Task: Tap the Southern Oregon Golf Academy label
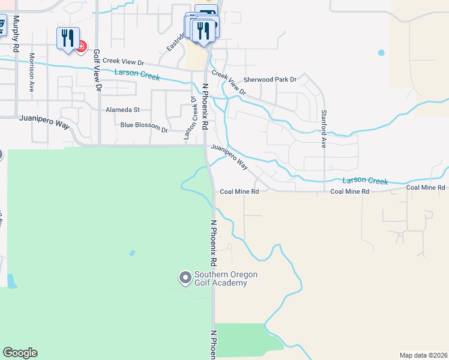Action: [x=226, y=279]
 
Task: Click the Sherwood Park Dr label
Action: [x=270, y=79]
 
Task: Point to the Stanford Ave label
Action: [x=323, y=129]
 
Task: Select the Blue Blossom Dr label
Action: [x=144, y=126]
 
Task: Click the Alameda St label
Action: [x=122, y=110]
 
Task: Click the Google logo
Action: [x=20, y=353]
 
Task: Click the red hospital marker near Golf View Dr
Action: [x=80, y=46]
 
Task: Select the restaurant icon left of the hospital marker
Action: [x=67, y=38]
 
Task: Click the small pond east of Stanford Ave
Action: [x=381, y=53]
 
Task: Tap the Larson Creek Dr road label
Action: [x=194, y=119]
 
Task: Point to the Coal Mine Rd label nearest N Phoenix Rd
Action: [x=239, y=192]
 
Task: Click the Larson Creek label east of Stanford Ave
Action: [x=365, y=181]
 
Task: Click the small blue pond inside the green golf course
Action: [x=132, y=253]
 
